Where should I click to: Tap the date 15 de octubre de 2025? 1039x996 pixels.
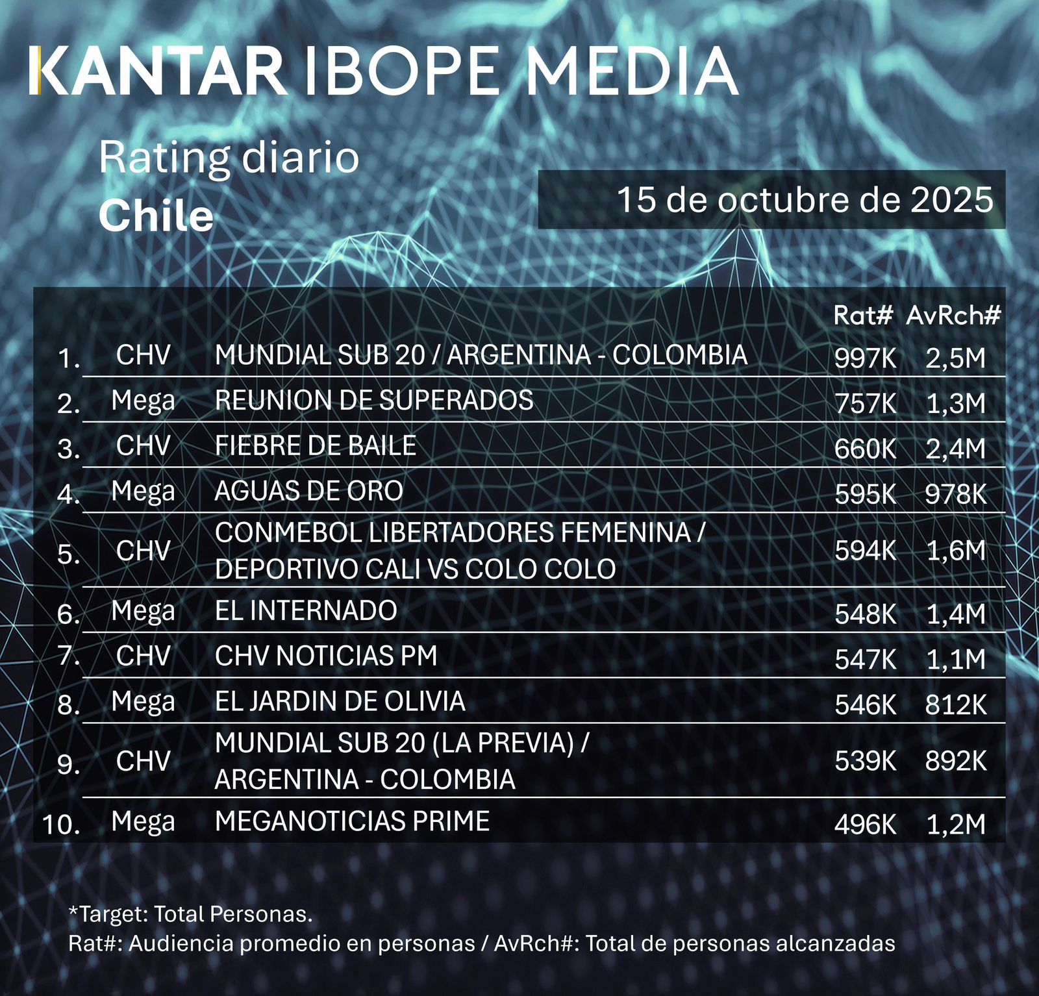click(805, 200)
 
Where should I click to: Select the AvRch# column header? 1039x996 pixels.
click(953, 316)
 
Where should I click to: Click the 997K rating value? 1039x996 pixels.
click(865, 358)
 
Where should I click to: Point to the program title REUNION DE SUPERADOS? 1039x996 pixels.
click(374, 401)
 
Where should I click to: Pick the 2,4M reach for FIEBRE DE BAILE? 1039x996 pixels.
click(956, 449)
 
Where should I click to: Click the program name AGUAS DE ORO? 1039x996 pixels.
click(308, 492)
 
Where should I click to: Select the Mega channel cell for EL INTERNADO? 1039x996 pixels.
click(143, 612)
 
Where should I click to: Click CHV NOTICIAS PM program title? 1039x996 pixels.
click(326, 656)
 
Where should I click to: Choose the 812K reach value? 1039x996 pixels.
click(956, 704)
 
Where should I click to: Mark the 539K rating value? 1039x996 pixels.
click(865, 762)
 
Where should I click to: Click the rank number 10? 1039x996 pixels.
click(61, 825)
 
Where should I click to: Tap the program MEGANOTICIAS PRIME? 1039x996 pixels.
click(352, 822)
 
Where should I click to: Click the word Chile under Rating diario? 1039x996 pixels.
click(156, 216)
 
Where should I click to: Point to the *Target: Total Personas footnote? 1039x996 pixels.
click(190, 914)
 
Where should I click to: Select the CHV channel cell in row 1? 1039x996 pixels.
click(143, 355)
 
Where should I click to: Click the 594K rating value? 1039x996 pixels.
click(865, 551)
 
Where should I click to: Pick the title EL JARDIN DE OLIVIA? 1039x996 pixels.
click(340, 702)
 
